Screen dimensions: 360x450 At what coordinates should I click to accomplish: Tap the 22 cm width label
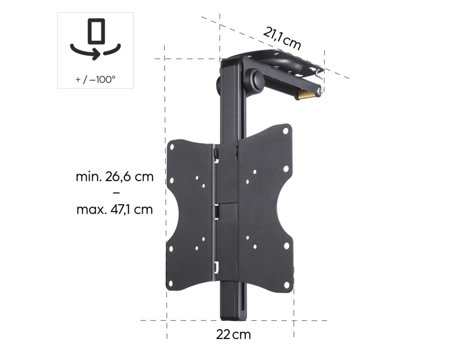click(x=233, y=334)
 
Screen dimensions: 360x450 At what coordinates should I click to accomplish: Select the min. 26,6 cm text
click(x=115, y=176)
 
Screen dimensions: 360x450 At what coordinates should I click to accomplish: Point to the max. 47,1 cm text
click(x=115, y=209)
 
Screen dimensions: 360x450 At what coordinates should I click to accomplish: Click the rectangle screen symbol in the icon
click(x=95, y=31)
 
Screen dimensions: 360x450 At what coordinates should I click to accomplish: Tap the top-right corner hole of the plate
click(x=285, y=131)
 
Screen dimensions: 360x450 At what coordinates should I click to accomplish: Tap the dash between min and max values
click(x=115, y=193)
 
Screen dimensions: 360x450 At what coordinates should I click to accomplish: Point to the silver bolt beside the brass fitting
click(x=320, y=92)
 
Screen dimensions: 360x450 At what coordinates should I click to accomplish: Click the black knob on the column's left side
click(x=218, y=84)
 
